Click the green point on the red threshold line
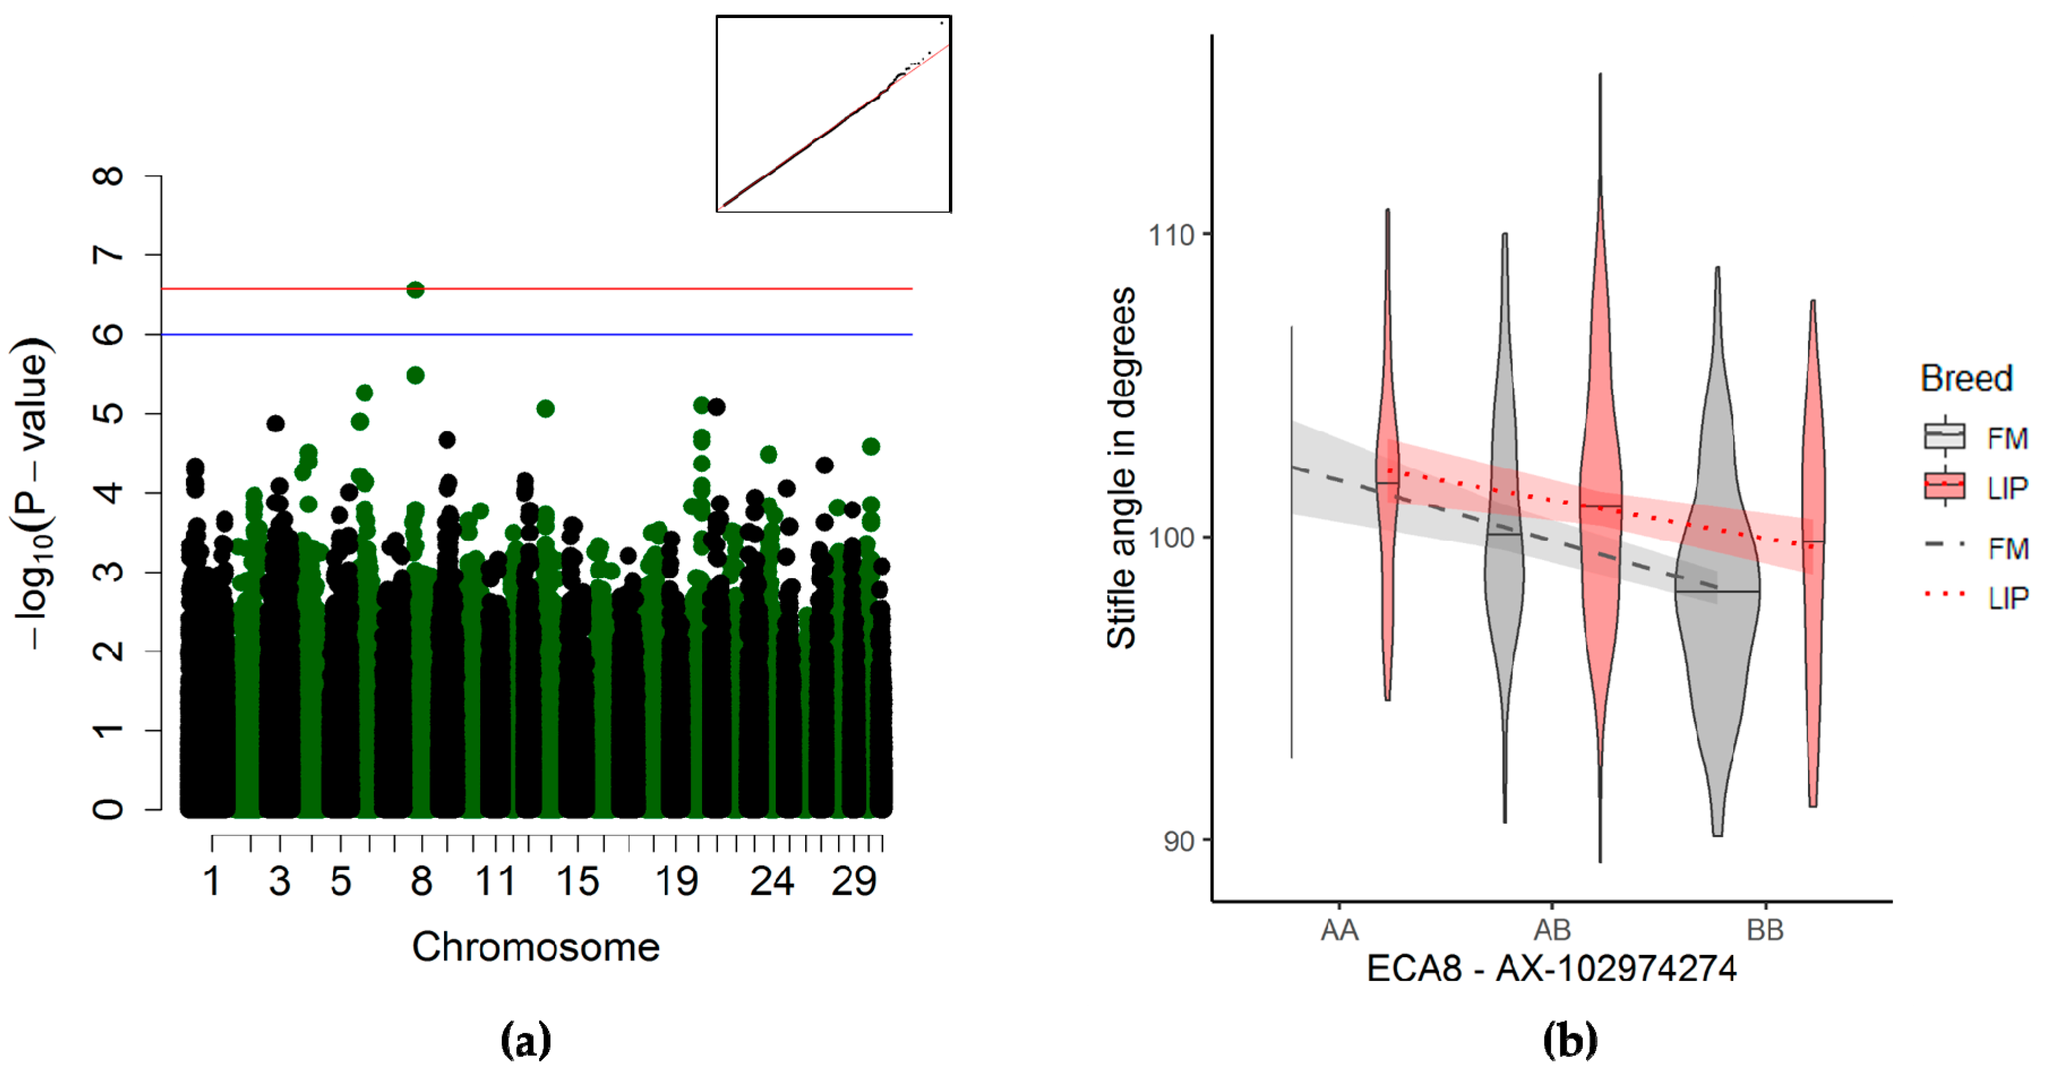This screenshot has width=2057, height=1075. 415,290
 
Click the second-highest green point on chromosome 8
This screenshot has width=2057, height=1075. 415,375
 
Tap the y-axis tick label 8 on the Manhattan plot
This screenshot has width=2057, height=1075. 109,175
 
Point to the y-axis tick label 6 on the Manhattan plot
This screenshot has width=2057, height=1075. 109,334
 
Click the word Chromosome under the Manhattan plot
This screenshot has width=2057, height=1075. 536,947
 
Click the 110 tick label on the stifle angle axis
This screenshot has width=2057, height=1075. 1171,235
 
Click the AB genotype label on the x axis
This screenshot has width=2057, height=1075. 1551,930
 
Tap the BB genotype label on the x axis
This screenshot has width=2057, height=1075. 1765,930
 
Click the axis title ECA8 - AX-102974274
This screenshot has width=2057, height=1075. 1551,969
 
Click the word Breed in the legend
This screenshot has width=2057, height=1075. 1966,378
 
